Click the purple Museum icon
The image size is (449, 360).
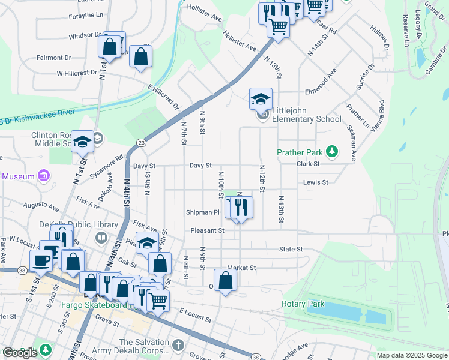point(43,176)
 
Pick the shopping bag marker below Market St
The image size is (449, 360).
point(225,280)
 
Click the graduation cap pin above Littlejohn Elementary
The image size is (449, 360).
point(261,98)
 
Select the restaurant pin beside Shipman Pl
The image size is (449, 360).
point(241,207)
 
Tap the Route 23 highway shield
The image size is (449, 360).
point(140,142)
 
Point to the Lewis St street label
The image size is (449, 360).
point(316,182)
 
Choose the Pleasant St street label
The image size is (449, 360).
point(207,230)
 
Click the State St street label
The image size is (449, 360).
point(290,249)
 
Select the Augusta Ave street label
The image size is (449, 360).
point(41,206)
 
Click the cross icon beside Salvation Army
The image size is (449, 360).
point(178,345)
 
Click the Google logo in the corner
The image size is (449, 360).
point(20,353)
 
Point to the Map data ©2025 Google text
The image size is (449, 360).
point(412,355)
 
